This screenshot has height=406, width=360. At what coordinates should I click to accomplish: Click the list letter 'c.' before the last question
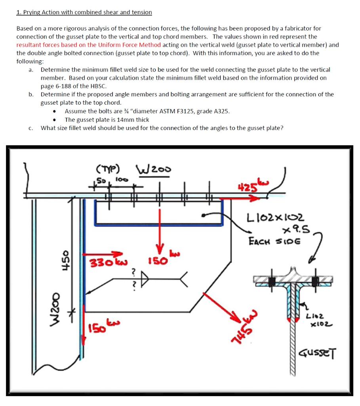(x=30, y=128)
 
